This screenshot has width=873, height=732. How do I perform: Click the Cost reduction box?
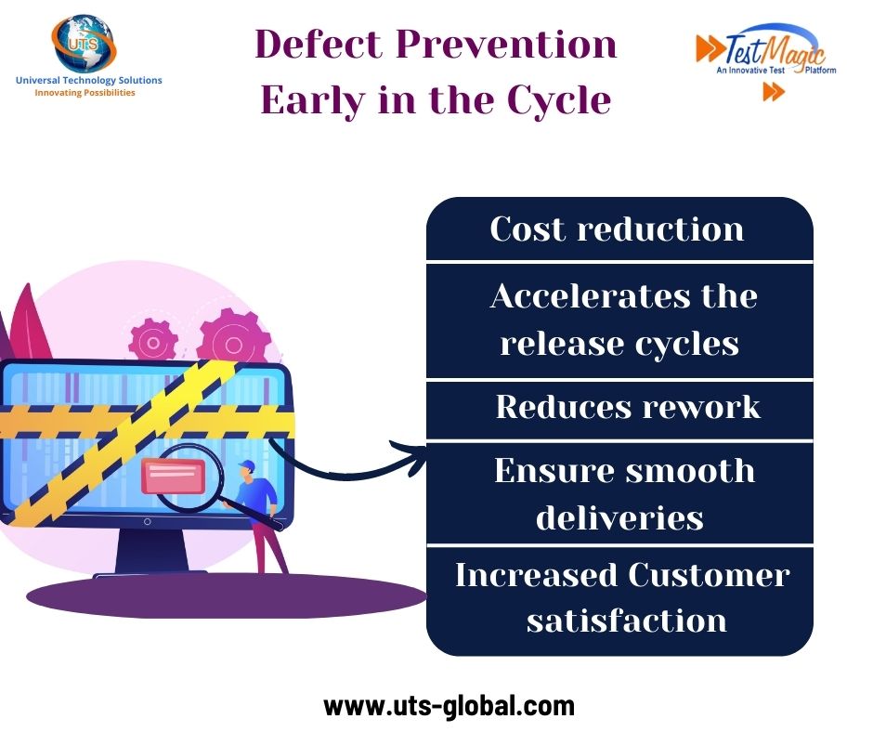619,229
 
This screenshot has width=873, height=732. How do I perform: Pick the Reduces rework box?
627,407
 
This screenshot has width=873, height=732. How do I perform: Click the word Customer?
709,575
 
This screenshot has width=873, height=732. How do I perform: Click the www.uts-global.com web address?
449,706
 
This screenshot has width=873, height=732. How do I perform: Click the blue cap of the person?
246,464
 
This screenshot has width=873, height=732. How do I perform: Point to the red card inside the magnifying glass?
172,475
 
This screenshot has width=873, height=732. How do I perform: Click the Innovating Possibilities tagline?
85,93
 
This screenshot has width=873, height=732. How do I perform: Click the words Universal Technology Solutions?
88,81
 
